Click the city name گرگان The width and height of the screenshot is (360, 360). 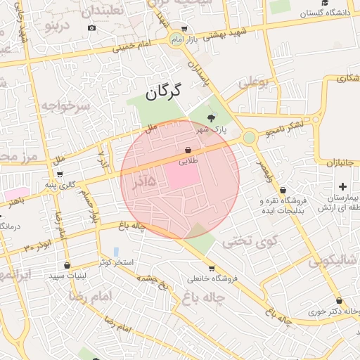[x=163, y=91]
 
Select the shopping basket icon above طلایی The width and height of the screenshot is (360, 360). [x=188, y=150]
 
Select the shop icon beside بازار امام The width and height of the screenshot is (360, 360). [x=184, y=29]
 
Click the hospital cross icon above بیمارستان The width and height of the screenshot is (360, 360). [x=342, y=186]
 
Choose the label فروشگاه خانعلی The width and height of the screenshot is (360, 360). [x=212, y=278]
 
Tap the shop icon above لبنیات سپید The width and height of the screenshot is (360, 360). [x=67, y=266]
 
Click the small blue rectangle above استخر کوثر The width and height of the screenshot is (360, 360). [x=115, y=250]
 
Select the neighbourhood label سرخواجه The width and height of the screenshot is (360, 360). [x=65, y=106]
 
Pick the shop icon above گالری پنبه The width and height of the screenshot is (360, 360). [x=59, y=174]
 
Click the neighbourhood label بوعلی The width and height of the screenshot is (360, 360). [x=253, y=82]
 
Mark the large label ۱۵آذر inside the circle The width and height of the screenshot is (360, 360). [x=152, y=182]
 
